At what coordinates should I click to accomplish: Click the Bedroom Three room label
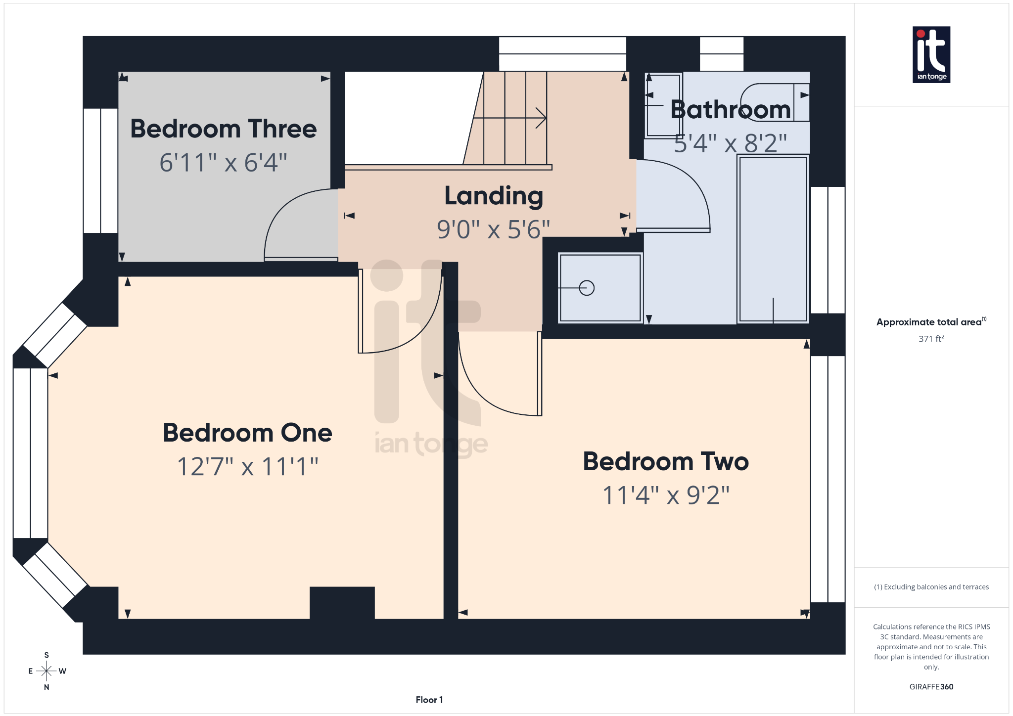[223, 129]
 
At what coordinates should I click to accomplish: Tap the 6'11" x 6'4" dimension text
[223, 163]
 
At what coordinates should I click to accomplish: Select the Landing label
[494, 196]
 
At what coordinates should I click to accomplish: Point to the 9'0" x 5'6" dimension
[493, 229]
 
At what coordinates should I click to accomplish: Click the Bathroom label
[730, 109]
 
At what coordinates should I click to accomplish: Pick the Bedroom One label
[247, 433]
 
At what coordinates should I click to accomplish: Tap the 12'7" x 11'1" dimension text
[247, 466]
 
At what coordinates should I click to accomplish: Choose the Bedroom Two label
[666, 461]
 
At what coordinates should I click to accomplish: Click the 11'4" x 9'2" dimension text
[666, 495]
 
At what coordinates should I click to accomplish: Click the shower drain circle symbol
[587, 288]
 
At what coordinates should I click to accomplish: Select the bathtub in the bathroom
[773, 239]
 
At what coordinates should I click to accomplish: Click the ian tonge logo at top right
[931, 54]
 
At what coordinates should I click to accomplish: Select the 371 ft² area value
[931, 339]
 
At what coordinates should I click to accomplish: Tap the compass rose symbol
[46, 671]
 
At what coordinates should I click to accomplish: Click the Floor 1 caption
[429, 700]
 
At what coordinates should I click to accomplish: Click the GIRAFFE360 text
[931, 687]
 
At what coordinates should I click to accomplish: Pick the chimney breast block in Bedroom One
[342, 602]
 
